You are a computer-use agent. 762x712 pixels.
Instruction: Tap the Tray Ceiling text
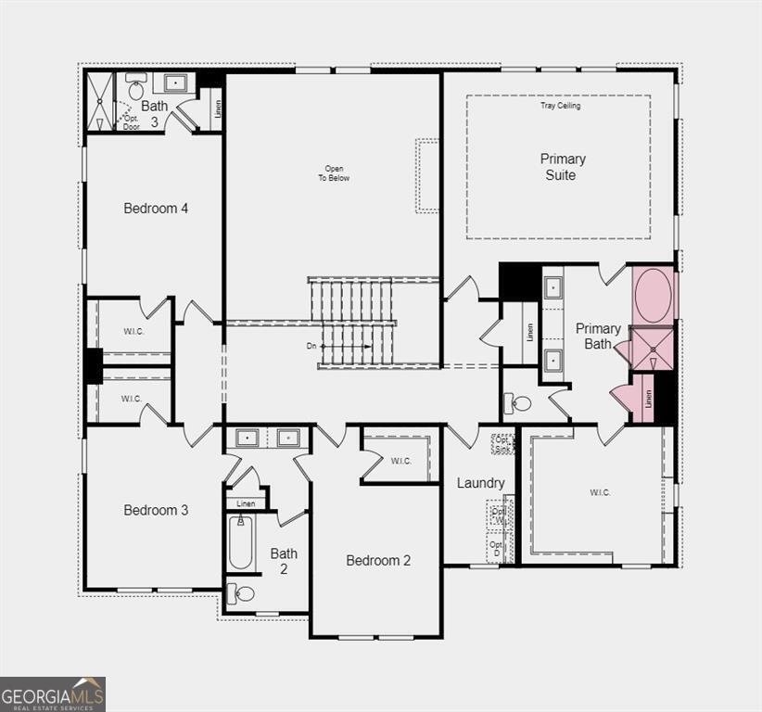560,106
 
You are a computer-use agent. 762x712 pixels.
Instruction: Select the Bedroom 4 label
156,209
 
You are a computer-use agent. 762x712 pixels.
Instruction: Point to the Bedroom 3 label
156,510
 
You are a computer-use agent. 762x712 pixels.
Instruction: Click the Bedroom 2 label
378,560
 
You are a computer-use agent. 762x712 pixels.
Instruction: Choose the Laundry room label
480,483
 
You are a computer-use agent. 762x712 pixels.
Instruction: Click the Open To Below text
334,173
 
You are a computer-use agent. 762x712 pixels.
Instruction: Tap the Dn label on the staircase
312,347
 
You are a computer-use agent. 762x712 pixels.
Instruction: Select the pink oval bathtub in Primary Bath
654,294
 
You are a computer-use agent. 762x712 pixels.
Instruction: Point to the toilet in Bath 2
242,594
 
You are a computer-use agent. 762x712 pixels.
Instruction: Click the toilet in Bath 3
136,90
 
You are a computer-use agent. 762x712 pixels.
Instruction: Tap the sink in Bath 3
176,83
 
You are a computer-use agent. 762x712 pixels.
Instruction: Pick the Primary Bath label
598,336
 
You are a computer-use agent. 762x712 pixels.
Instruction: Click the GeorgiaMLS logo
53,693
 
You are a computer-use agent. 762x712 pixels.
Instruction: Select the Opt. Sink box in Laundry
502,443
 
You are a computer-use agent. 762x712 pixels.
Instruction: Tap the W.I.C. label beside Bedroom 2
400,461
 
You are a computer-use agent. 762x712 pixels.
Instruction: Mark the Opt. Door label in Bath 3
132,122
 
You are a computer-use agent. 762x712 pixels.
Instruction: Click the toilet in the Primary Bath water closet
519,403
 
